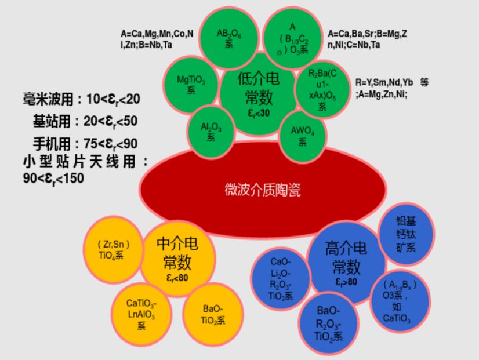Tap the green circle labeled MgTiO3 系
(x=191, y=81)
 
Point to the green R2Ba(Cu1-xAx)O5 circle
(x=322, y=87)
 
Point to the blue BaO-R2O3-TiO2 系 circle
(x=328, y=323)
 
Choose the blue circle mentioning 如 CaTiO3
(x=400, y=301)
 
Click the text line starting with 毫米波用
(x=81, y=99)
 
